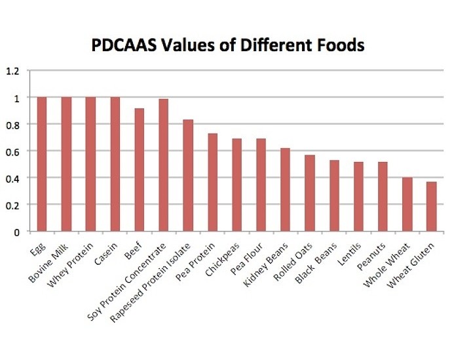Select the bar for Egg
pos(42,164)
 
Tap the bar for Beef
pos(140,170)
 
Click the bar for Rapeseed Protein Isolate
pos(188,176)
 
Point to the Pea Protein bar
pos(212,182)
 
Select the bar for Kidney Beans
pos(285,190)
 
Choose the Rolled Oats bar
pos(309,193)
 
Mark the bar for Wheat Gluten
pos(431,207)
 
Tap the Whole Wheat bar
pos(407,204)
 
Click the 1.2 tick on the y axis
pos(14,71)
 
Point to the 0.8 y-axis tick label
pos(14,125)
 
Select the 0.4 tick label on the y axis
pos(14,178)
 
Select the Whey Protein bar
pos(90,164)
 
